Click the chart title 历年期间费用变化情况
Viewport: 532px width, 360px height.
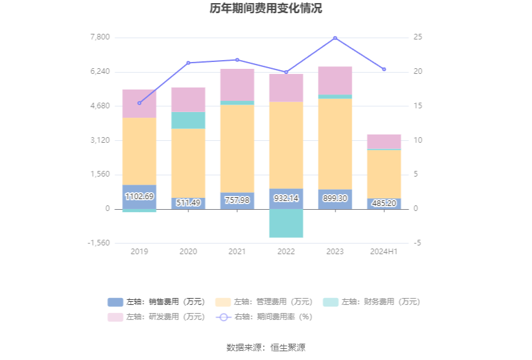(x=266, y=9)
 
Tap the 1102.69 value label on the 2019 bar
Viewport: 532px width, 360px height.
(x=139, y=197)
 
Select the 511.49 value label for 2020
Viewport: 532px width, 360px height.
(x=188, y=202)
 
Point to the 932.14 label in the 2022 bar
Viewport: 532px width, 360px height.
(x=286, y=198)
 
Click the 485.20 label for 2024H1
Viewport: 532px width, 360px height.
(x=384, y=203)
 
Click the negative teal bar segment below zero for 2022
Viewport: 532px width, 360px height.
(x=286, y=223)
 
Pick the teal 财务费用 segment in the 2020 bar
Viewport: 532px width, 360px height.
(x=188, y=120)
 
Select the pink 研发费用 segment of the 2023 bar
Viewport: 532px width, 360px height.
(x=335, y=81)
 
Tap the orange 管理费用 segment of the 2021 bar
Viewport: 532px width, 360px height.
(x=237, y=148)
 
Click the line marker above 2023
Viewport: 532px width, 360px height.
(x=335, y=38)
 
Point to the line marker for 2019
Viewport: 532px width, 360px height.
(x=139, y=103)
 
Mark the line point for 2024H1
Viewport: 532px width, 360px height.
(x=384, y=69)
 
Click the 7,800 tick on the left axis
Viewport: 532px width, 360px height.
(x=100, y=37)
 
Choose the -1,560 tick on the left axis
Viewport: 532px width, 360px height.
(x=98, y=243)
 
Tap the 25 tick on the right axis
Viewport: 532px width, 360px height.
(x=418, y=37)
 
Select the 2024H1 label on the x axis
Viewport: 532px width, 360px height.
(x=384, y=251)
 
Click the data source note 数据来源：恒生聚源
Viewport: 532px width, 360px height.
(x=266, y=347)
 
